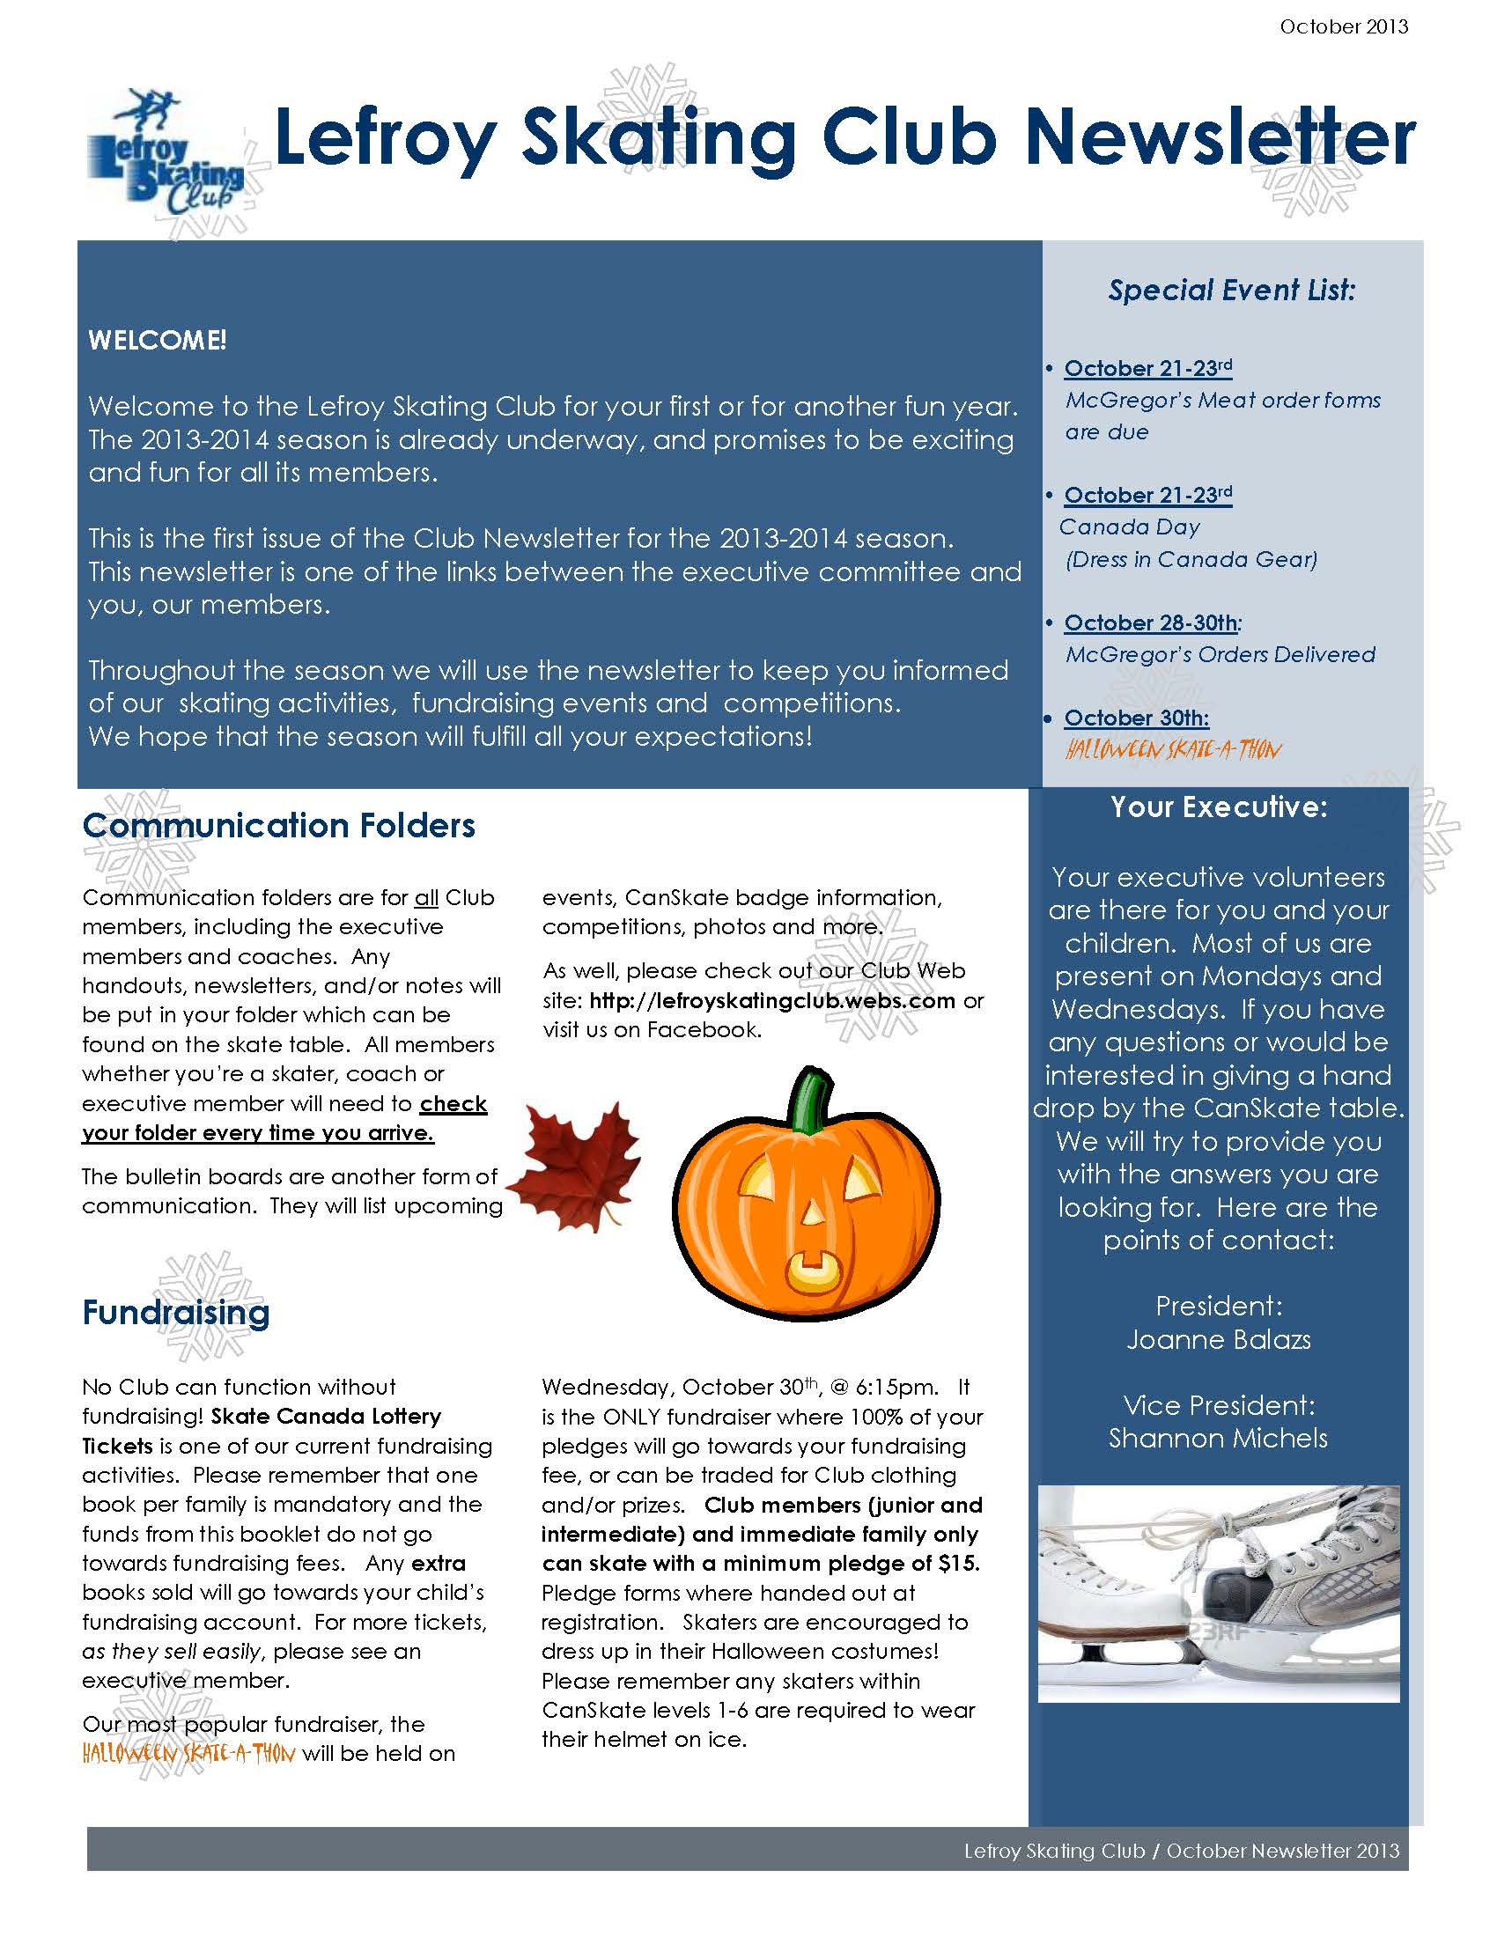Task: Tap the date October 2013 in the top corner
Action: pos(1343,26)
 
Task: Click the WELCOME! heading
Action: pos(157,340)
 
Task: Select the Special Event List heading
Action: pos(1232,290)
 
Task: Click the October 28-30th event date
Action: pos(1150,622)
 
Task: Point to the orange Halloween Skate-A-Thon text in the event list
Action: pos(1172,750)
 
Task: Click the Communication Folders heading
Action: pos(278,826)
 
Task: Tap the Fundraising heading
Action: pos(175,1312)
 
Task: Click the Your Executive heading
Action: pos(1219,807)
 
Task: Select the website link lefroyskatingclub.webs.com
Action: pos(771,1000)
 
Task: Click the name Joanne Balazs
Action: pos(1219,1339)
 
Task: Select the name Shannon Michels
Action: pos(1219,1438)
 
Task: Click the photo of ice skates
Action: pos(1219,1594)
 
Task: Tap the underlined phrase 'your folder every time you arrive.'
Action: pos(258,1133)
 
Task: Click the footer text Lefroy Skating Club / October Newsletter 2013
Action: pos(1181,1851)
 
